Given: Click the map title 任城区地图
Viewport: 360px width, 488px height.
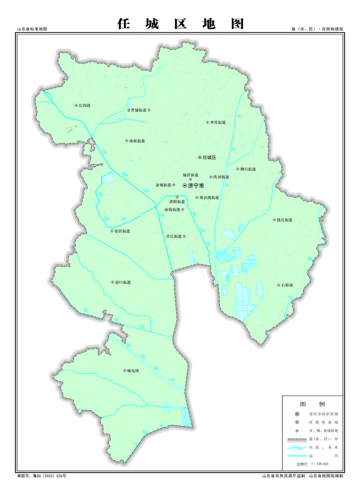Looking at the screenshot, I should [180, 23].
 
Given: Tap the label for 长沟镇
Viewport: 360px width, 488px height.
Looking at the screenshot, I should [84, 105].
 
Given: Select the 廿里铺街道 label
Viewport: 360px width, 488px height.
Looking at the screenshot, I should [136, 110].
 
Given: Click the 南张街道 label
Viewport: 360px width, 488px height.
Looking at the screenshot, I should [136, 141].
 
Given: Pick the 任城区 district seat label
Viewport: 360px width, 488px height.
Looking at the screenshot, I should [208, 157].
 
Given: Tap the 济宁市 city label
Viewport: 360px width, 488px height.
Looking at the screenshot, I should [196, 185].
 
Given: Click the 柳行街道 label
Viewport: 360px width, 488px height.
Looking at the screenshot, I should [247, 169].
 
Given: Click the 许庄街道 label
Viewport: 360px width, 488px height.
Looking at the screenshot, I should [174, 236].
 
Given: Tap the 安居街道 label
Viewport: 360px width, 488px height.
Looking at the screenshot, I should [122, 231].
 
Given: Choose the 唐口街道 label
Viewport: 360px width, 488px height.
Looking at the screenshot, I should [122, 282].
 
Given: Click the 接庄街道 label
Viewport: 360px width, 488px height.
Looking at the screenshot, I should [284, 219].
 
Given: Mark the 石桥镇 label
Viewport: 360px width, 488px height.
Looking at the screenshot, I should [287, 285].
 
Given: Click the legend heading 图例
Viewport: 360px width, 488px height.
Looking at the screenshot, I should [312, 404].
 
